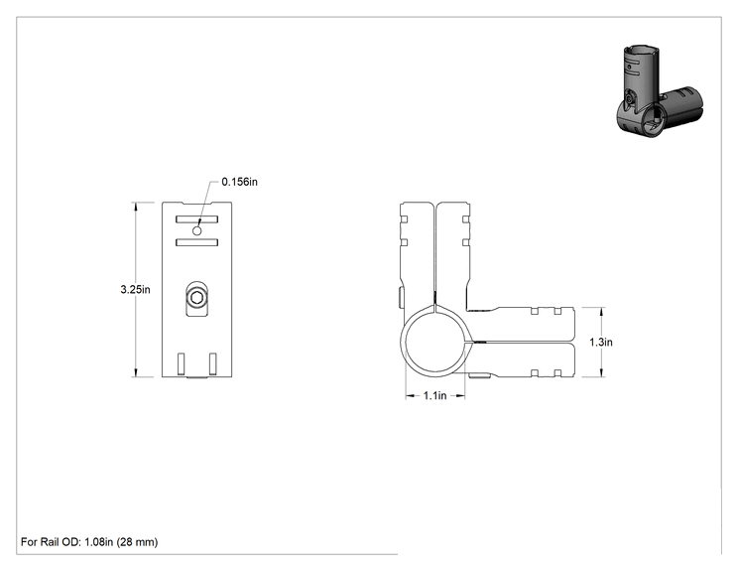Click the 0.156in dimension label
coord(240,182)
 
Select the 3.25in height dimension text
coord(135,289)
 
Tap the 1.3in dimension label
coord(601,342)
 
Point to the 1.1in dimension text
coord(434,396)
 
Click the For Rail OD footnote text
coord(89,542)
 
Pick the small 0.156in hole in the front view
coord(197,230)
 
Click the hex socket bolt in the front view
coord(196,298)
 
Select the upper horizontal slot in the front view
coord(196,219)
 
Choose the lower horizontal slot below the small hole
coord(196,242)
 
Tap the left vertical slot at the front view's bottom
coord(182,363)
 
